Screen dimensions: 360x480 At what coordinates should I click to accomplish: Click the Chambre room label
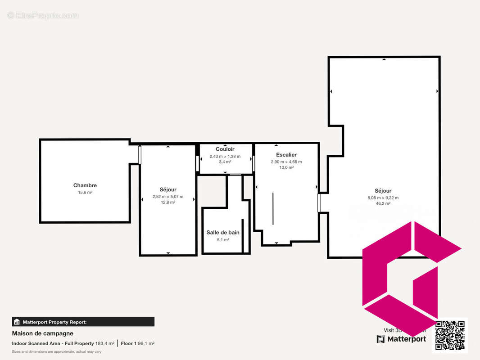point(85,185)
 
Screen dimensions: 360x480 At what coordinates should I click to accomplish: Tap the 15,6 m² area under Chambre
point(85,193)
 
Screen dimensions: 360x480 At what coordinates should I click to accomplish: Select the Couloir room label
point(225,149)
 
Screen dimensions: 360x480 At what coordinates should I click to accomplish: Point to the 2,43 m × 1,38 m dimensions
point(225,157)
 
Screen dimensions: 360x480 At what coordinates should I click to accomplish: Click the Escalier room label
point(286,155)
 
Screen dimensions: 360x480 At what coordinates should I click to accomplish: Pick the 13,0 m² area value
point(286,167)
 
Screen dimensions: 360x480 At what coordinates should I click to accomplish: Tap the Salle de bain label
point(223,233)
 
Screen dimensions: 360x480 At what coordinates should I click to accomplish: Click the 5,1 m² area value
point(223,240)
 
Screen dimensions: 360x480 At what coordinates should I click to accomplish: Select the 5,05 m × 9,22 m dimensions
point(383,198)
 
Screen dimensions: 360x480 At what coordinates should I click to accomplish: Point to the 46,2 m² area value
point(383,203)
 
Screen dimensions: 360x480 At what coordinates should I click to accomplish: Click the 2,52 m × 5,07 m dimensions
point(168,197)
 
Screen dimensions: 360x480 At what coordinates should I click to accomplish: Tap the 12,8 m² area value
point(168,202)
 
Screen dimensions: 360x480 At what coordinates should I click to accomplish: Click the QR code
point(450,335)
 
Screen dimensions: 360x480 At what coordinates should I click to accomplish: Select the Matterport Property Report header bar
point(83,322)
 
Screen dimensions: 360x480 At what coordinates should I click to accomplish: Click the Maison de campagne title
point(42,333)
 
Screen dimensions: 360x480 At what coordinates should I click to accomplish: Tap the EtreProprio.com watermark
point(43,16)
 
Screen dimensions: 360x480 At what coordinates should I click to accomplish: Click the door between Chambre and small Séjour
point(140,155)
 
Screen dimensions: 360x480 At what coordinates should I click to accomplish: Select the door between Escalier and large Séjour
point(319,202)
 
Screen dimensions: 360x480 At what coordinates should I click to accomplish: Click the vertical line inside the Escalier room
point(273,209)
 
